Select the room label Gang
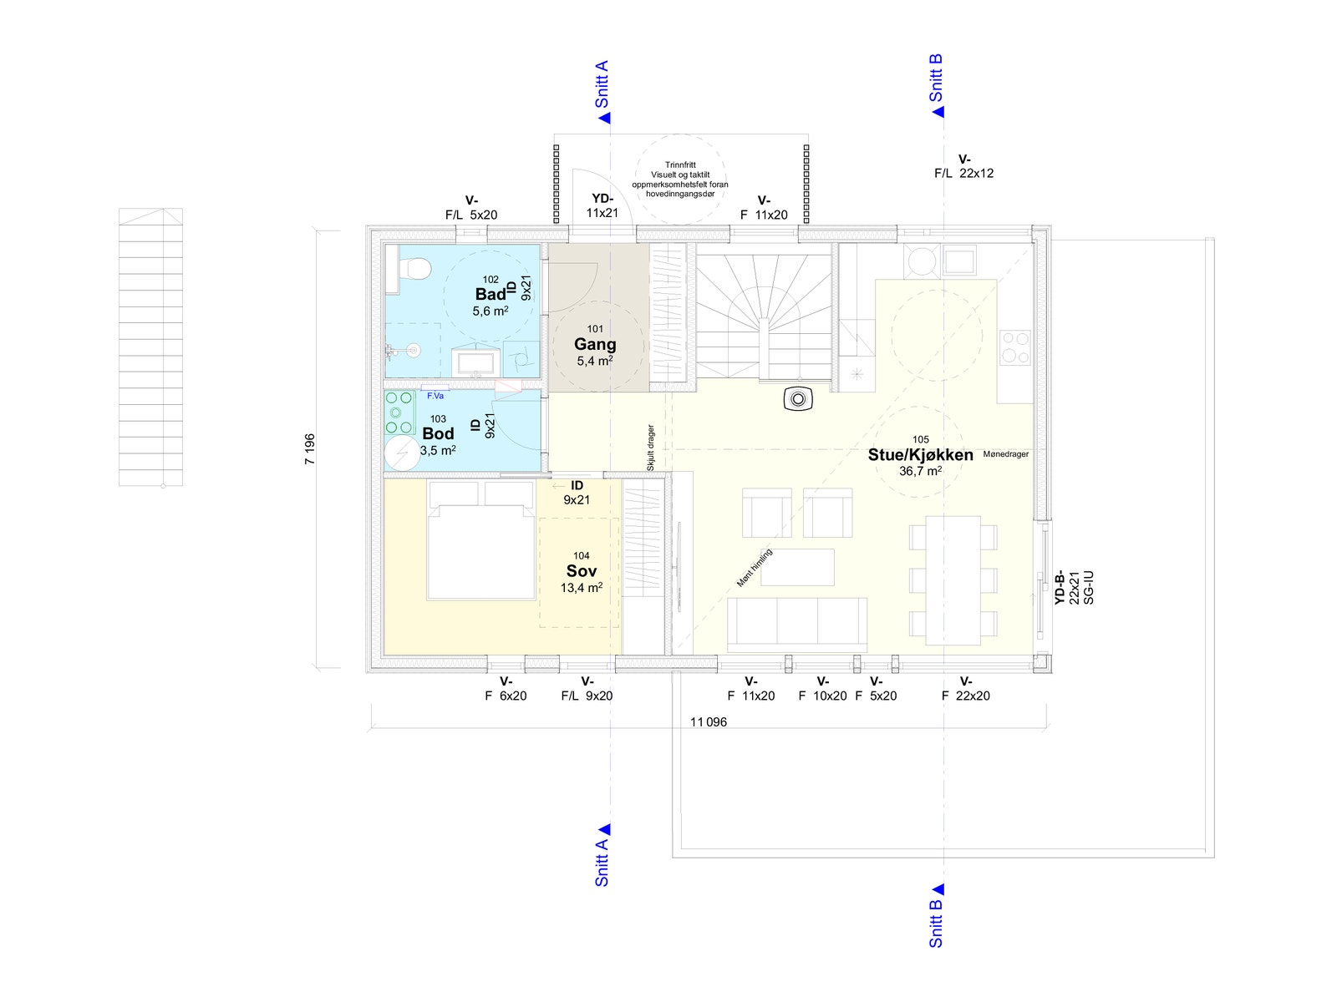tap(595, 344)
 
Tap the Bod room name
tap(438, 433)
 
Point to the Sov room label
tap(581, 570)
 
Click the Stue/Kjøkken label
tap(920, 455)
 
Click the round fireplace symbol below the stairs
tap(798, 399)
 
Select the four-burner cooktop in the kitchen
tap(1014, 347)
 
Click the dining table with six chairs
tap(953, 580)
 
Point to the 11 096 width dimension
tap(709, 722)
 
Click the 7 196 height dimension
tap(310, 449)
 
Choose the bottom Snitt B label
tap(936, 924)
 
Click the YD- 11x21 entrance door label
tap(602, 205)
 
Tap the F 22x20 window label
tap(966, 689)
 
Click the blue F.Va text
tap(435, 396)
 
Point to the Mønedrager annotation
tap(1005, 454)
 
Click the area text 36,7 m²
tap(920, 471)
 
